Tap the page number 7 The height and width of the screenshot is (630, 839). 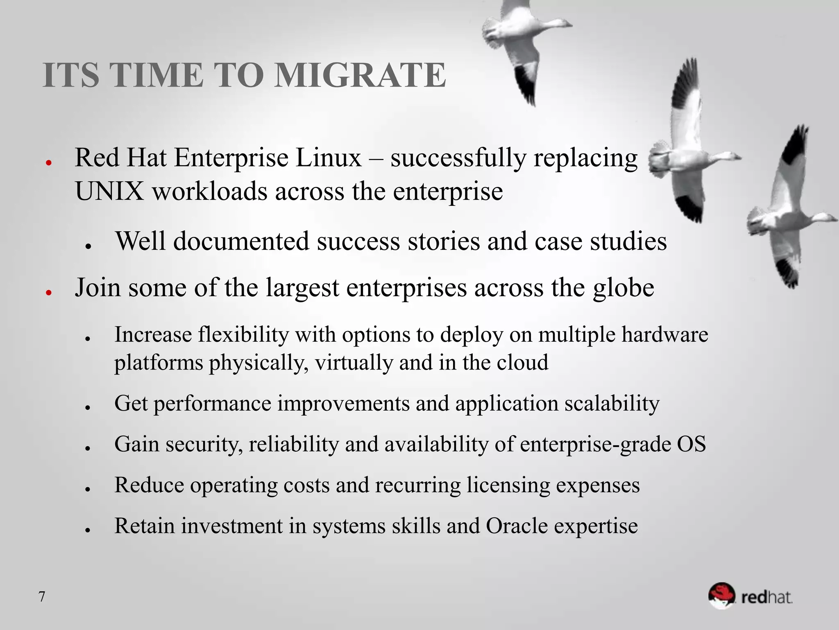(x=42, y=597)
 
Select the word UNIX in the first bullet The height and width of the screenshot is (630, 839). (x=109, y=192)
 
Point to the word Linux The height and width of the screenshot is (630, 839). (x=329, y=158)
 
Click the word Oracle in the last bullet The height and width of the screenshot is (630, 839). (x=517, y=526)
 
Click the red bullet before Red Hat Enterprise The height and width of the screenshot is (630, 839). (x=48, y=162)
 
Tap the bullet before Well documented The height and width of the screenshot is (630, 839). (x=87, y=246)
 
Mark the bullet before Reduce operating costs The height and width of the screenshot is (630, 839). (x=87, y=489)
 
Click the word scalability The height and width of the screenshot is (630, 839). (x=612, y=404)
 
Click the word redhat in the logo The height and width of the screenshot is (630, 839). (x=767, y=597)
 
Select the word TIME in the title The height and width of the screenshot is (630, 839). (x=157, y=75)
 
